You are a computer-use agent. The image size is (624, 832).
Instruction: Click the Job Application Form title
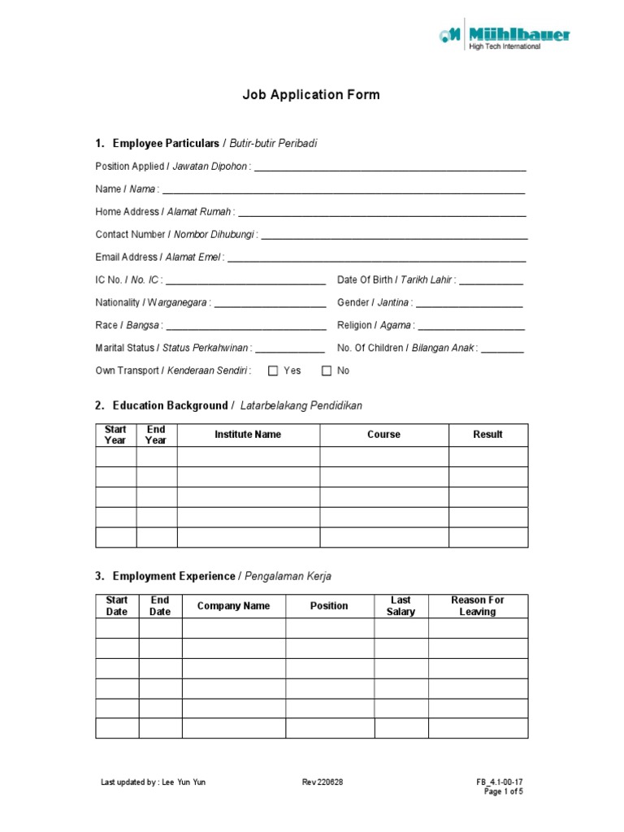tap(311, 95)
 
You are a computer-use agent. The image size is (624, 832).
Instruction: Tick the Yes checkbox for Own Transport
tap(273, 371)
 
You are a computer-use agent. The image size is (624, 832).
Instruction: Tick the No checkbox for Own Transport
tap(327, 371)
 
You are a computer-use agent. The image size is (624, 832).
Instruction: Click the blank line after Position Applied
tap(390, 168)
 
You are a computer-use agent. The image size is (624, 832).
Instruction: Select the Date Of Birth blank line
tap(491, 282)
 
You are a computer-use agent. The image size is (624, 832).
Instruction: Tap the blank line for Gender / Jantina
tap(469, 305)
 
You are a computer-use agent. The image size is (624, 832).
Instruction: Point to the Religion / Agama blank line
tap(471, 327)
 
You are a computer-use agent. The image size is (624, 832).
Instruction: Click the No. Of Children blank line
tap(502, 350)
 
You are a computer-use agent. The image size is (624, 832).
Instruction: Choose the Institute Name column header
tap(248, 435)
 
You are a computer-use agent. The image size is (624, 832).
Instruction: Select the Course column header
tap(383, 435)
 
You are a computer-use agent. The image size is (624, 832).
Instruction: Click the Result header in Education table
tap(487, 435)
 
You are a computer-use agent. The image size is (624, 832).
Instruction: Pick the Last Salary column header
tap(401, 606)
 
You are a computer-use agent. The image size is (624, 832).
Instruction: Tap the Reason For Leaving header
tap(478, 606)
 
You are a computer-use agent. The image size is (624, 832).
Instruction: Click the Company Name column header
tap(233, 606)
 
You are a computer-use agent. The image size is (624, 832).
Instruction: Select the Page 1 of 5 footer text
tap(504, 791)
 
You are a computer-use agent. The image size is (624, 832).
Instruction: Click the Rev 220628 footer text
tap(323, 782)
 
